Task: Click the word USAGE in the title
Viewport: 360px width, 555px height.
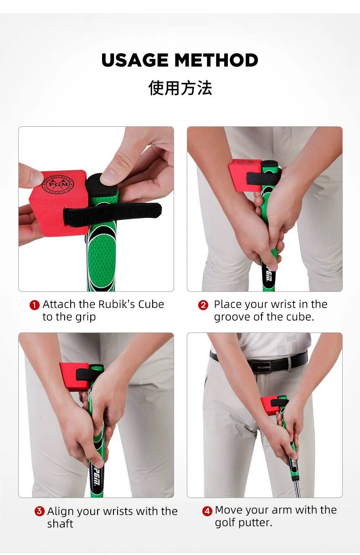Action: pos(135,60)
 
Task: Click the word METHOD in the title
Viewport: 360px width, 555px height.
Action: pos(216,60)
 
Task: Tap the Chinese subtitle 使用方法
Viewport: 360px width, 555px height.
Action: pos(180,88)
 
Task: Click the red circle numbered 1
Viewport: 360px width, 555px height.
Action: pos(35,305)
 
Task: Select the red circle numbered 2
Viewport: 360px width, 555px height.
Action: pos(203,305)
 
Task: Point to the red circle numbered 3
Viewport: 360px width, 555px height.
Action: pos(40,512)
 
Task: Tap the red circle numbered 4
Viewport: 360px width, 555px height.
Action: pos(207,511)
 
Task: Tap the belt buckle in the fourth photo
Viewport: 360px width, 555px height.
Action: pos(264,366)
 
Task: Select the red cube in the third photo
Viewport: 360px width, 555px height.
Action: pos(73,376)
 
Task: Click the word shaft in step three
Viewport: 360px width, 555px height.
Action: pos(60,524)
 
